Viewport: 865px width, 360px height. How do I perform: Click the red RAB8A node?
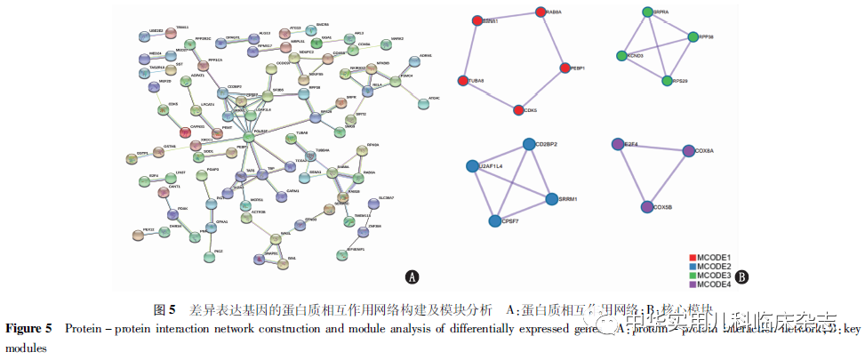click(x=541, y=12)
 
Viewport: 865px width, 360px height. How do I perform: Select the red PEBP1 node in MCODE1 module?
click(x=564, y=68)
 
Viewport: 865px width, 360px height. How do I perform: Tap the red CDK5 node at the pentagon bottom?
click(x=518, y=110)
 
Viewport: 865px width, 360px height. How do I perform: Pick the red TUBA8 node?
click(x=462, y=81)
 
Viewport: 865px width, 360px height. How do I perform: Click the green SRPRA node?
click(x=648, y=12)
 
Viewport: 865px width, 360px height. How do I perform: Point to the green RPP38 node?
click(x=693, y=37)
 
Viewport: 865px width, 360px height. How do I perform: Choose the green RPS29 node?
click(x=667, y=81)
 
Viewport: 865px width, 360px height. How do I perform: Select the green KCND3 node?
click(x=622, y=56)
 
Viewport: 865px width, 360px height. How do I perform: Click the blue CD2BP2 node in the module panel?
click(x=529, y=144)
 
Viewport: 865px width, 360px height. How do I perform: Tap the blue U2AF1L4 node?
click(x=473, y=166)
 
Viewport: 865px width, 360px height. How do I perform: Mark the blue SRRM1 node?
click(x=551, y=198)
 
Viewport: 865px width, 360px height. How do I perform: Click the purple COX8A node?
click(x=689, y=152)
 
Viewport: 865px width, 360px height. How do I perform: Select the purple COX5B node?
click(x=646, y=207)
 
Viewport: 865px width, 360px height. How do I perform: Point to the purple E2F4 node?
click(x=618, y=143)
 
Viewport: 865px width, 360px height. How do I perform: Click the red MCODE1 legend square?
click(x=693, y=258)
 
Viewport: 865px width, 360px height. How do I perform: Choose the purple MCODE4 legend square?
click(x=693, y=284)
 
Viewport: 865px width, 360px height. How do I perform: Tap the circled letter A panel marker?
click(x=412, y=276)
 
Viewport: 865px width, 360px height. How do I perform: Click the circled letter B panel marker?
click(x=741, y=276)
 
